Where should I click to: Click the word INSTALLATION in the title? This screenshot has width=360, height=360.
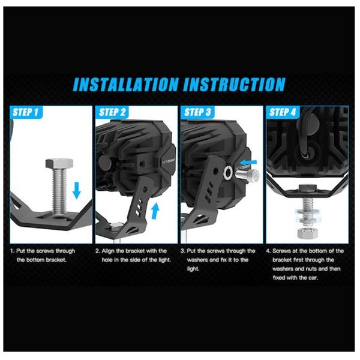click(x=126, y=84)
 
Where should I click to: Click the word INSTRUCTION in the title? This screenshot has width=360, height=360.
click(x=234, y=84)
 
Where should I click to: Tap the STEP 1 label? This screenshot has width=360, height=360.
click(x=25, y=112)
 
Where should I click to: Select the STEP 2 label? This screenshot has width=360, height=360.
click(x=113, y=112)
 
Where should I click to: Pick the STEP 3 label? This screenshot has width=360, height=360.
click(x=197, y=112)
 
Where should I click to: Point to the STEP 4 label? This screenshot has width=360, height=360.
click(x=283, y=112)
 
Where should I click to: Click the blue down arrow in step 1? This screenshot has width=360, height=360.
click(x=77, y=190)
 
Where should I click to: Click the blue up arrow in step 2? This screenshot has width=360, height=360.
click(x=155, y=211)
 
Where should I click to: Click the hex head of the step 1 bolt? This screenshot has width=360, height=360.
click(x=59, y=163)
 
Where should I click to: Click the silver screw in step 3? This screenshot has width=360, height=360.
click(x=247, y=175)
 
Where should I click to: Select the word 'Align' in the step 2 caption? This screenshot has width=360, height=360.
click(x=108, y=251)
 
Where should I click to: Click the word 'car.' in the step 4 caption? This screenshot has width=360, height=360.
click(x=313, y=278)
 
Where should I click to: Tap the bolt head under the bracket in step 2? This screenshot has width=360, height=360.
click(x=114, y=226)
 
